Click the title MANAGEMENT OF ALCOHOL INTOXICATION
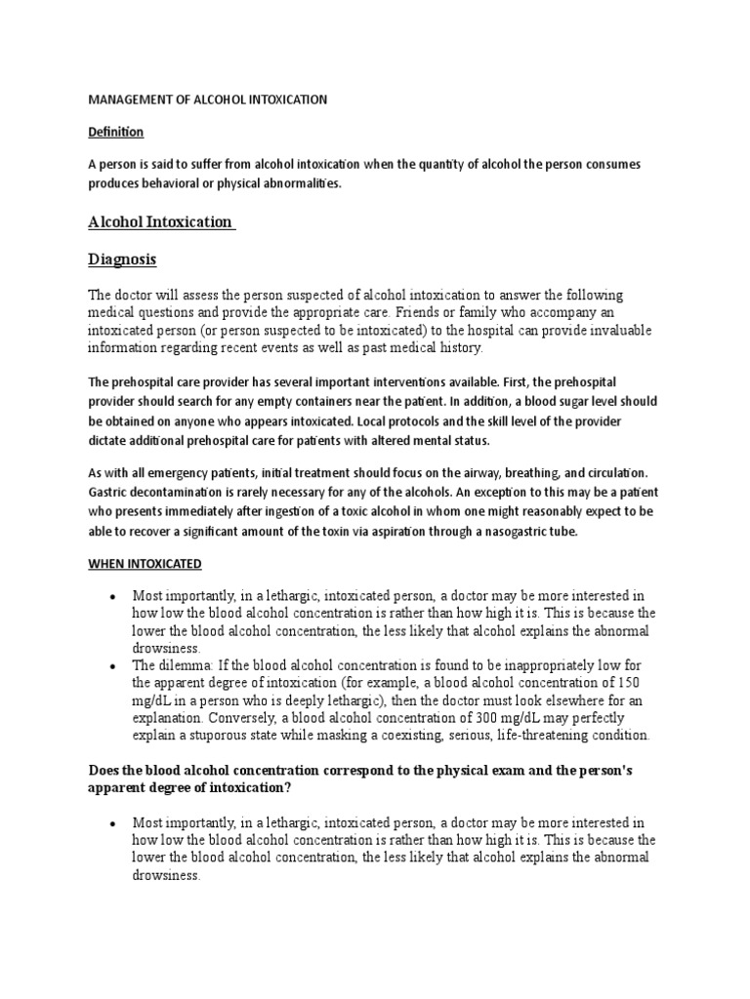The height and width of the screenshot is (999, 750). [x=208, y=100]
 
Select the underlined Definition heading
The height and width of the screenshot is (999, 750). [x=116, y=132]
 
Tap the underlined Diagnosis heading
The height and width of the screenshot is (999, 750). [x=122, y=260]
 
